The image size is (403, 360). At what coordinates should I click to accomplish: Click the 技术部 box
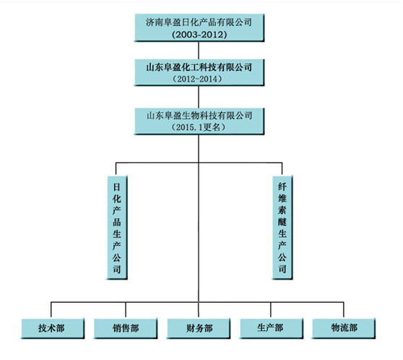(x=53, y=328)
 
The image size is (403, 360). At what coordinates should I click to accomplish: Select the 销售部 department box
(x=126, y=328)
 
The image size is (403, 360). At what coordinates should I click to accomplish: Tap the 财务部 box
(x=199, y=328)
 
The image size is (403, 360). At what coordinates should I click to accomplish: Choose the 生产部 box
(x=271, y=328)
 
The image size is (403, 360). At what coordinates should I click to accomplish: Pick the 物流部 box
(x=344, y=328)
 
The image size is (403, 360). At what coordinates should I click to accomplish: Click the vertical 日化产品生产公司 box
(x=117, y=228)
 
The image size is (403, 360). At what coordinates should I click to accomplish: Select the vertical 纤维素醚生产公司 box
(x=282, y=228)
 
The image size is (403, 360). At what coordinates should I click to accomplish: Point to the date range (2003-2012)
(x=199, y=35)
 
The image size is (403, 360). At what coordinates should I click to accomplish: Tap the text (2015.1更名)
(x=198, y=127)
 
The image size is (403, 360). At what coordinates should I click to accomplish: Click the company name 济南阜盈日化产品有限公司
(x=199, y=22)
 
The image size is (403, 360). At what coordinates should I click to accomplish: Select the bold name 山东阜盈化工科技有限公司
(x=199, y=67)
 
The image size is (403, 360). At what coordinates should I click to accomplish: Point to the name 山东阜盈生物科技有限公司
(x=199, y=116)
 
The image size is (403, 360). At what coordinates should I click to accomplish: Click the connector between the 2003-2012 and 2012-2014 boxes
(x=199, y=51)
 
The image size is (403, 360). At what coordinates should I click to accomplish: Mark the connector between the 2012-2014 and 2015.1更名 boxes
(x=199, y=97)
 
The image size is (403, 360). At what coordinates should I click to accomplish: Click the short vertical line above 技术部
(x=51, y=309)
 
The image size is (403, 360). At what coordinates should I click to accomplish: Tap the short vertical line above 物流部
(x=344, y=309)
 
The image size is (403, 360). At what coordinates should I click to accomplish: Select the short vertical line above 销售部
(x=126, y=309)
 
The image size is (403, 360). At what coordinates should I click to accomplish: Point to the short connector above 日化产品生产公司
(x=116, y=169)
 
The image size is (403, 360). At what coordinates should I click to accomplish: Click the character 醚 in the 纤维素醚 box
(x=282, y=221)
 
